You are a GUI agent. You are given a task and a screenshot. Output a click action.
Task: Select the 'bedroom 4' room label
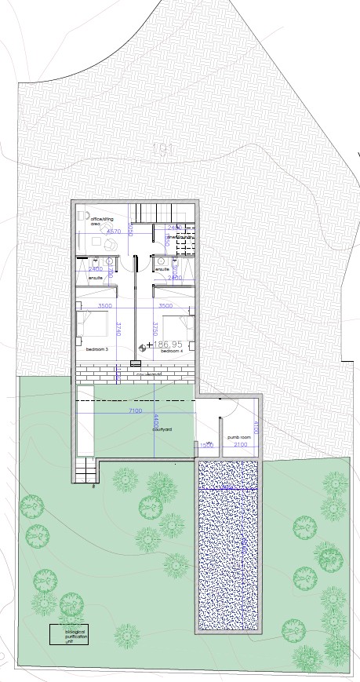click(x=172, y=351)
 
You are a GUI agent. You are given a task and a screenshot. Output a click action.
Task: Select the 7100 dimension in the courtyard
click(x=132, y=410)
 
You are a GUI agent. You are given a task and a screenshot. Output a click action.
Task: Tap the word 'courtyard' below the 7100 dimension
click(x=162, y=429)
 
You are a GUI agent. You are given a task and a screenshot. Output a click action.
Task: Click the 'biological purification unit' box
click(x=69, y=634)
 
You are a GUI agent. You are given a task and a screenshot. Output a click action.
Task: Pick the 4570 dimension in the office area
click(x=114, y=232)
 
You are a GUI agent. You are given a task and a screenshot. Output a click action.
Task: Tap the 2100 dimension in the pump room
click(x=240, y=445)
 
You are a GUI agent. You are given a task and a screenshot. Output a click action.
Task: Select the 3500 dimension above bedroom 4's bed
click(x=165, y=306)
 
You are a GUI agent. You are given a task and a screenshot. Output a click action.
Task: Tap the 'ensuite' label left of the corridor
click(x=96, y=278)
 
